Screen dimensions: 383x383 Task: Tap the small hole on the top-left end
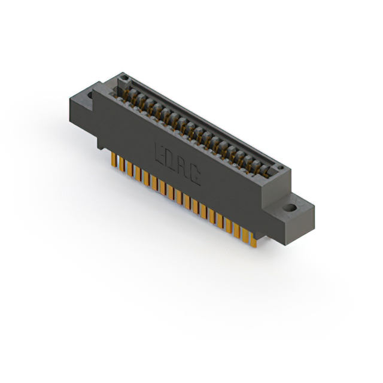123,78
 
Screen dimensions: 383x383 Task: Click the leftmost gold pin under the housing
113,159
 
